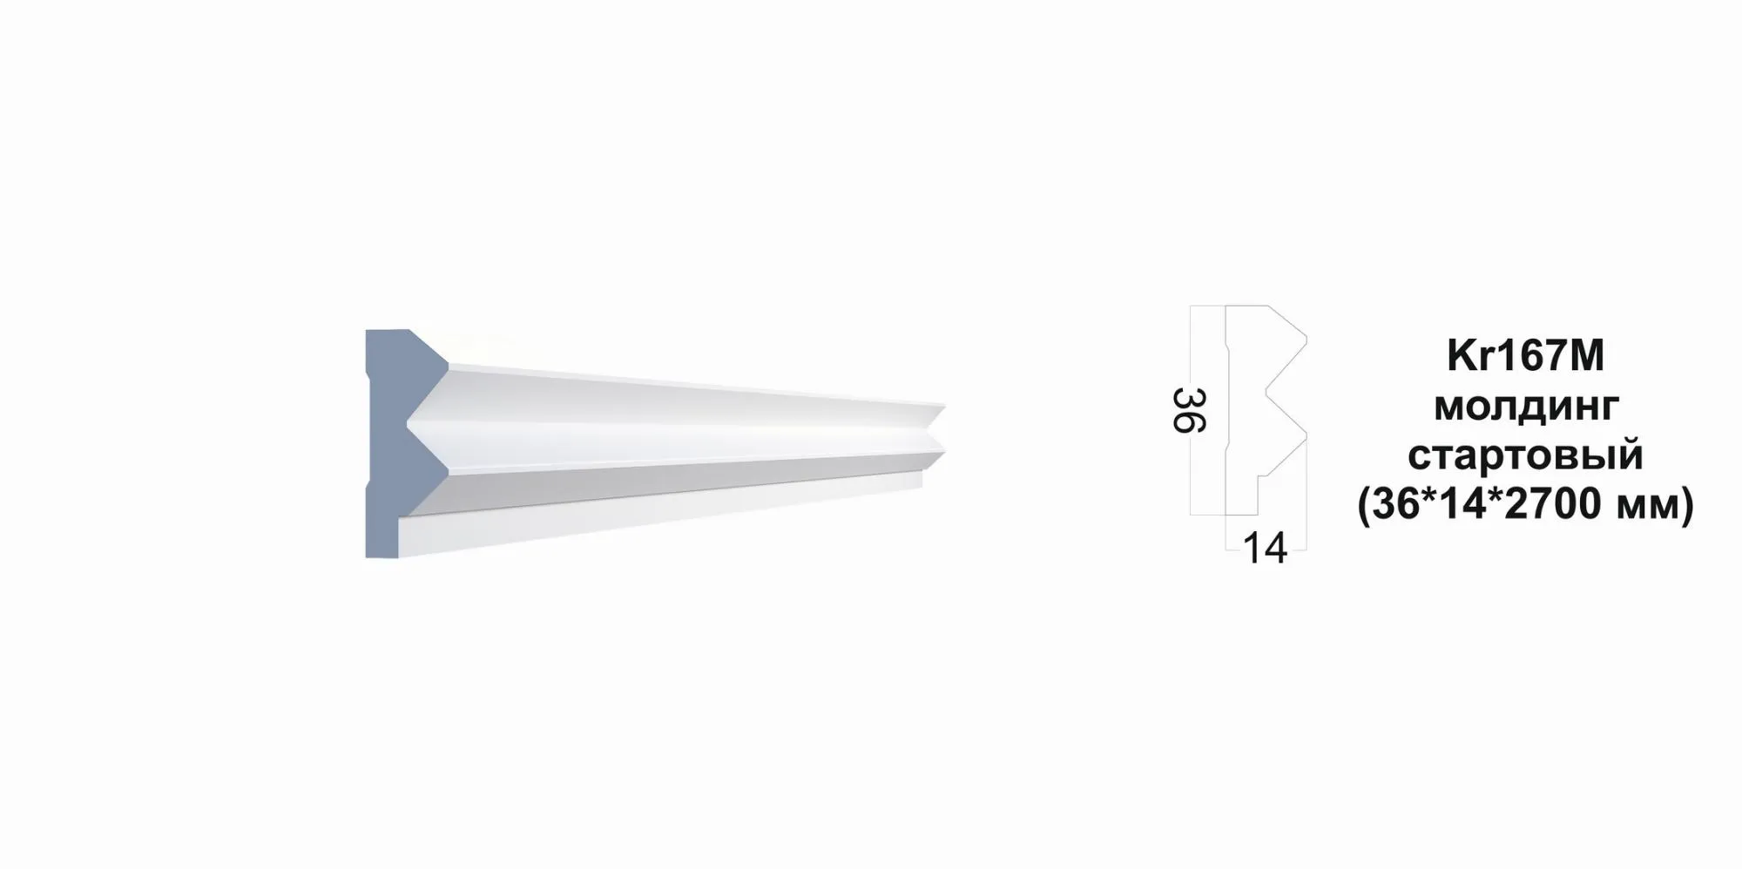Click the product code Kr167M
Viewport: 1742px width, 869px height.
pyautogui.click(x=1525, y=356)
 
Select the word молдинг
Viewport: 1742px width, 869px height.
pyautogui.click(x=1526, y=406)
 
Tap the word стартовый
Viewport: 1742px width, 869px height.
pyautogui.click(x=1525, y=455)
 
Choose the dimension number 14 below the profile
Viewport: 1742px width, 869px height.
pyautogui.click(x=1265, y=549)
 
